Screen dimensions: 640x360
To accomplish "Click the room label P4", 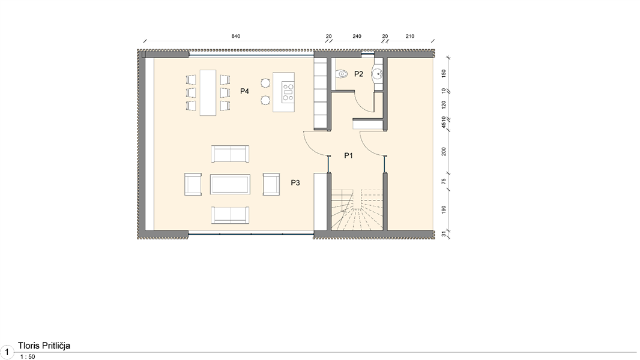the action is pos(244,91).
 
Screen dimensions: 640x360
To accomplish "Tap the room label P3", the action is pos(295,183).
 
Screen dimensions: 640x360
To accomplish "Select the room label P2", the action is pos(358,74).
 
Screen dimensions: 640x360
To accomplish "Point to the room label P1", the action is pos(348,155).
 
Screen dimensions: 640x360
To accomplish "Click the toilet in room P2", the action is pos(340,74).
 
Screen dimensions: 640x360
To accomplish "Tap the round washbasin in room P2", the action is pos(377,74).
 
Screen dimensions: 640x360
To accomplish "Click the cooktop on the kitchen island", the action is pos(288,91).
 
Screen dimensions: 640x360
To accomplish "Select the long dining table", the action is pos(208,93).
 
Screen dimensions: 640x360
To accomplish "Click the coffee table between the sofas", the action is pos(230,184).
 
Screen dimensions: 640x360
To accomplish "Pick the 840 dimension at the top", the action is pos(235,36).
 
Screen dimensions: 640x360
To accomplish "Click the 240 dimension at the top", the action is pos(357,36).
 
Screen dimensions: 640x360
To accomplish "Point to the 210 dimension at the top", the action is pos(410,36).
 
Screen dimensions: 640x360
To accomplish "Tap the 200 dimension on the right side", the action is pos(444,152).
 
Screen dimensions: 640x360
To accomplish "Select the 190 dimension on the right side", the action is pos(444,209).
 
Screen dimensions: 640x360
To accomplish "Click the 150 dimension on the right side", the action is pos(444,73).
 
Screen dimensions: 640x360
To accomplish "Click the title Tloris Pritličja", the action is pos(44,346).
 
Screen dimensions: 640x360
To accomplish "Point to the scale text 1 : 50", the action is pos(28,357).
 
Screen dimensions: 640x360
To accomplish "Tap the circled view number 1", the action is pos(7,352).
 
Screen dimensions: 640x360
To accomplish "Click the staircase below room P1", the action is pos(357,209).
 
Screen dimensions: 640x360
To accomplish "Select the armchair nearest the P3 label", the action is pos(271,184).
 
